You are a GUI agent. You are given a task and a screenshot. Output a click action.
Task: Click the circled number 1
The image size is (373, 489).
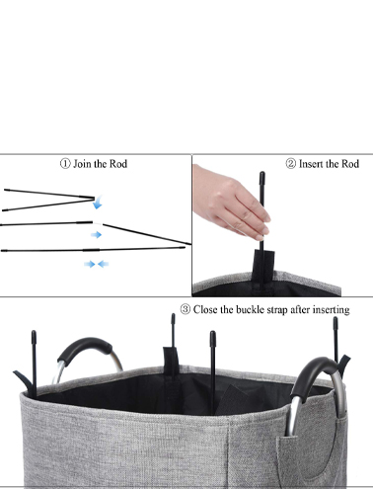click(x=65, y=163)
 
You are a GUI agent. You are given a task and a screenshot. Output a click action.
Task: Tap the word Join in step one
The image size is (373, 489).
click(x=81, y=164)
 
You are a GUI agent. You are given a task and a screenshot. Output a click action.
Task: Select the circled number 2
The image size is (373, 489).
click(x=291, y=163)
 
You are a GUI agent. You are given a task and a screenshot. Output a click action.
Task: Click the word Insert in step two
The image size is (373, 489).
click(x=310, y=164)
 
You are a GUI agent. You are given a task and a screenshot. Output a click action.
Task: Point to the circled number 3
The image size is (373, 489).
click(x=186, y=309)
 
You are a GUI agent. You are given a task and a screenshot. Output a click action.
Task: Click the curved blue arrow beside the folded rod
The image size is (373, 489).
click(x=98, y=203)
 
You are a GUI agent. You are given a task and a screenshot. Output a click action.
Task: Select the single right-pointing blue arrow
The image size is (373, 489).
click(x=96, y=234)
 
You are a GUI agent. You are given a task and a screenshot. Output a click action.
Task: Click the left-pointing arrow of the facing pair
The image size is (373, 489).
click(x=104, y=264)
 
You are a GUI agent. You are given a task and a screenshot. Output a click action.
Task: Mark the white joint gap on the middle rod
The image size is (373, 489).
click(x=98, y=223)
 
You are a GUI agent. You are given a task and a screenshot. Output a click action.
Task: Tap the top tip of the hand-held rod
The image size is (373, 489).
click(x=261, y=173)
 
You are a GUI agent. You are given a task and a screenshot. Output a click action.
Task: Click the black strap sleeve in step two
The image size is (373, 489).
click(x=263, y=266)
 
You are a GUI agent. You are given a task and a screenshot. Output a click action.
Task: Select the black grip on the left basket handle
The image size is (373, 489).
click(x=85, y=349)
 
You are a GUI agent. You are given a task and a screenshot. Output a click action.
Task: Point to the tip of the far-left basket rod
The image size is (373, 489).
click(x=34, y=332)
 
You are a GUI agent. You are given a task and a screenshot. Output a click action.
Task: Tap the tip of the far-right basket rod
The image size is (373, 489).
click(x=336, y=318)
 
